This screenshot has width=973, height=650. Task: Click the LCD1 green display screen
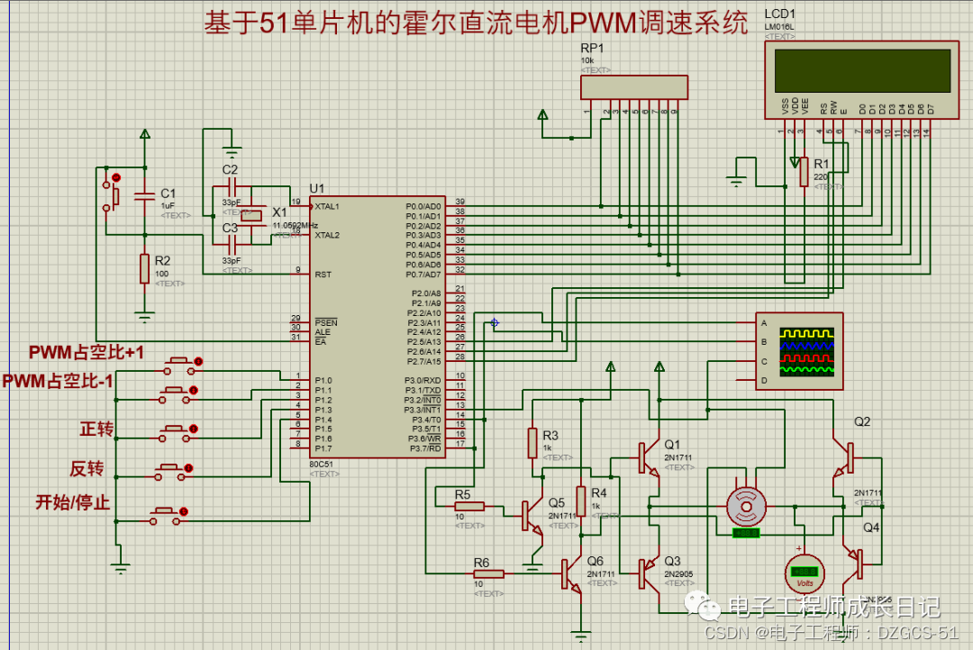pos(859,70)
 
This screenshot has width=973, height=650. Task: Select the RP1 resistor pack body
pos(633,87)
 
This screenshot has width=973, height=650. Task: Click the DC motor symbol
pos(746,507)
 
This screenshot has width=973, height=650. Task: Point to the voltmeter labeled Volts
pos(802,571)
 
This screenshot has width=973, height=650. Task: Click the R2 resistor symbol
pos(143,268)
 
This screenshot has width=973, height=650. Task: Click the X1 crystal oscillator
pos(252,214)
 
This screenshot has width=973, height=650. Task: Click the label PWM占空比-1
pos(58,382)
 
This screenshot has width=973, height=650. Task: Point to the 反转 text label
pos(87,468)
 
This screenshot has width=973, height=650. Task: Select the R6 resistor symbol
pos(488,573)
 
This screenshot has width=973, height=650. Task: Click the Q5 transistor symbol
pos(532,515)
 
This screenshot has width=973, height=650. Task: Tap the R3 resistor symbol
pos(532,443)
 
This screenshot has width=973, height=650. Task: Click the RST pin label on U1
pos(323,274)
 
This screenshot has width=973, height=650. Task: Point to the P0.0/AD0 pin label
pos(423,206)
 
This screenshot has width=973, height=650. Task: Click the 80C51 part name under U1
pos(322,465)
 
